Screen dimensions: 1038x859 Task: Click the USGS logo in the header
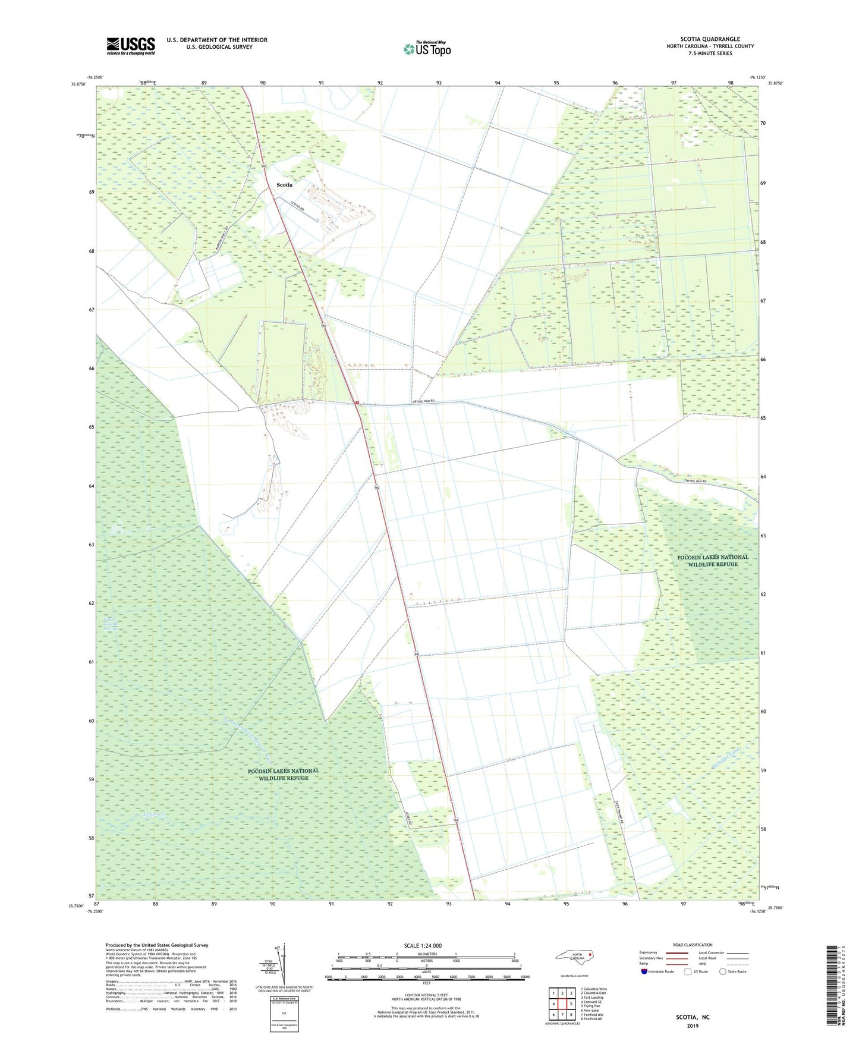[x=130, y=46]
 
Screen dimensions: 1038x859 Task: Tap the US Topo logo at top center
[x=426, y=48]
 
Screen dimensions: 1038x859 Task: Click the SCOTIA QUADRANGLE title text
[x=710, y=39]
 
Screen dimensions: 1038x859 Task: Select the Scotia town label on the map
[x=284, y=185]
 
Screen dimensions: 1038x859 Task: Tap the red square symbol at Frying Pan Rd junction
[x=357, y=402]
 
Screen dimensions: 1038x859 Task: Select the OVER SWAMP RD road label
[x=616, y=806]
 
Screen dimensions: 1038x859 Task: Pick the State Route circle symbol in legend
[x=723, y=971]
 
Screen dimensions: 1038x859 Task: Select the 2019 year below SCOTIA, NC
[x=693, y=1026]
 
